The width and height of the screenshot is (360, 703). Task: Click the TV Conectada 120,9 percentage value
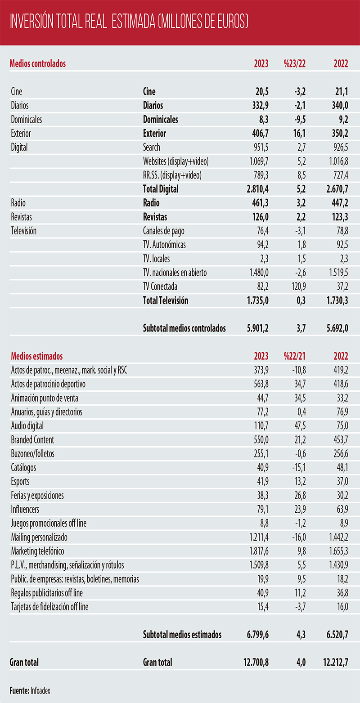click(298, 287)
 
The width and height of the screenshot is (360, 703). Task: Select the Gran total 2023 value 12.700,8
click(256, 662)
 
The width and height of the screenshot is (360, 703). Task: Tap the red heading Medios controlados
click(38, 64)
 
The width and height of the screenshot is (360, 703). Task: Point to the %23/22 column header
click(294, 64)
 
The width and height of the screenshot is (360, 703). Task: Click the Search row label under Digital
click(151, 147)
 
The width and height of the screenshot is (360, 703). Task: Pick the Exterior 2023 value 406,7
click(261, 134)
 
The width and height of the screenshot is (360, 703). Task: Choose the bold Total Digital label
click(161, 189)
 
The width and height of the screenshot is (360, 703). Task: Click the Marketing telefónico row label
click(38, 551)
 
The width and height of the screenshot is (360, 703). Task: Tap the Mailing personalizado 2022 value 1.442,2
click(339, 537)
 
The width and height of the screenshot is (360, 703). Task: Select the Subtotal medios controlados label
click(184, 328)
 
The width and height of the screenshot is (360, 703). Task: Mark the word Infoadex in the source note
click(40, 691)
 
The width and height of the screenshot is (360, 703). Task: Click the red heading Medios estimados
click(37, 356)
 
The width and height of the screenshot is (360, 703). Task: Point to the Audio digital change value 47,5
click(300, 426)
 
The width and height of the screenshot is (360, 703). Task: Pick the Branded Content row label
click(33, 440)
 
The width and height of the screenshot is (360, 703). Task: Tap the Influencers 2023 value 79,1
click(263, 509)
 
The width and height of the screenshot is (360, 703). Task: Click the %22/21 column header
click(294, 356)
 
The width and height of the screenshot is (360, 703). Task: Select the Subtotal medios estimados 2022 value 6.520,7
click(337, 635)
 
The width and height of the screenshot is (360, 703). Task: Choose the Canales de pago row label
click(163, 231)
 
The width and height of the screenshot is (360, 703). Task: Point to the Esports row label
click(20, 481)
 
